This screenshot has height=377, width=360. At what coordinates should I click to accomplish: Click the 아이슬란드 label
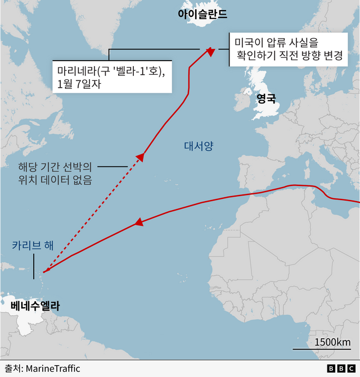point(202,14)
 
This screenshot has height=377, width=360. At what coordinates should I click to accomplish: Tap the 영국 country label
point(266,99)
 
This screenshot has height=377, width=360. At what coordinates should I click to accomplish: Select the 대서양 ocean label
point(199,147)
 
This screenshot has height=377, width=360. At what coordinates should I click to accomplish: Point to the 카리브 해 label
point(33,246)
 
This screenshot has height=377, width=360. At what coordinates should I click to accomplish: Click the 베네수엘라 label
point(35,306)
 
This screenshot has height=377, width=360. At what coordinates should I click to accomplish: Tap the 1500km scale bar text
point(332,343)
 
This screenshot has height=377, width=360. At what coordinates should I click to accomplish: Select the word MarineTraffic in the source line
point(52,369)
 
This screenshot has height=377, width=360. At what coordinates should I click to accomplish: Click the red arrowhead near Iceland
point(210,52)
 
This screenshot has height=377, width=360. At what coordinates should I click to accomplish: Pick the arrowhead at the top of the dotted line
point(139,157)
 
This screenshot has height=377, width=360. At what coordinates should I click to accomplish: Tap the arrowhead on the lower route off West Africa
point(136,223)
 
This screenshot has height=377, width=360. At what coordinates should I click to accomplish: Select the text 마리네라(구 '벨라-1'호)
point(111,71)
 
